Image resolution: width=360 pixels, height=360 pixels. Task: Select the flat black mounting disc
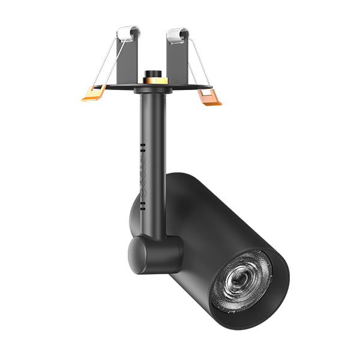coord(180,88)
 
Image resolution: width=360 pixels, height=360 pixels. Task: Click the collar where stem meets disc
coord(148,92)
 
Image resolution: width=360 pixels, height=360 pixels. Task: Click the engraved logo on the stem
coord(143,174)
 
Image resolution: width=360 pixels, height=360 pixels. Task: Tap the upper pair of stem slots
coord(142,146)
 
